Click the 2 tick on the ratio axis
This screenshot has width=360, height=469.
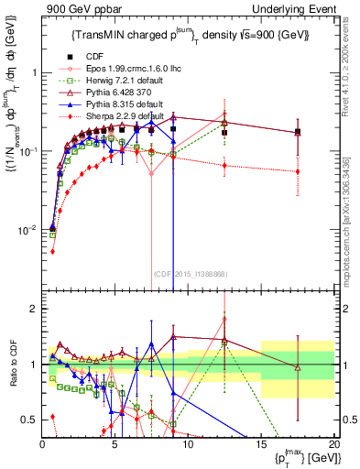[x=35, y=309]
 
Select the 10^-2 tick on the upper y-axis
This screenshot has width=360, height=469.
[x=27, y=229]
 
